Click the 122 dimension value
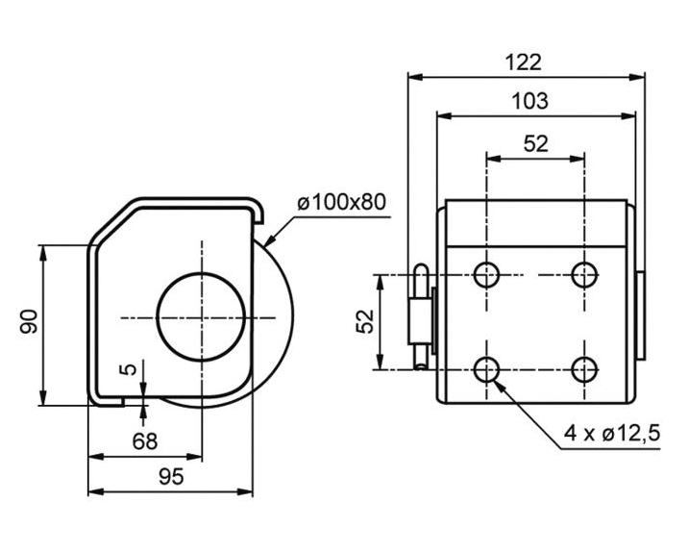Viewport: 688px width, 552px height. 524,63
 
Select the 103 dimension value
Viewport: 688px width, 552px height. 529,100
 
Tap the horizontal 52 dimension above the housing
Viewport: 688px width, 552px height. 535,143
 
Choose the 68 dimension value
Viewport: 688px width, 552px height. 144,441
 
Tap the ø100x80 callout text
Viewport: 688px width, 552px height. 341,203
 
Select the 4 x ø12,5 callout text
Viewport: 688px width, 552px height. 612,434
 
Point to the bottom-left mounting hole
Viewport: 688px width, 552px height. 487,368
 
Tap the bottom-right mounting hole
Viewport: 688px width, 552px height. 583,368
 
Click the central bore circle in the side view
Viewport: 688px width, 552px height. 202,317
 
